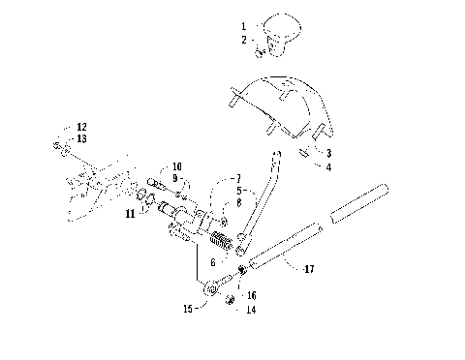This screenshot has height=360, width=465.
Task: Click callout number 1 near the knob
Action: click(243, 23)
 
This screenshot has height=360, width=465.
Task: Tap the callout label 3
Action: click(329, 154)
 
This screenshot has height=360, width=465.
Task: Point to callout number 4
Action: click(329, 168)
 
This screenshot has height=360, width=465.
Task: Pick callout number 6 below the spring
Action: click(212, 262)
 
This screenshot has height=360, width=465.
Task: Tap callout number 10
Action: click(177, 166)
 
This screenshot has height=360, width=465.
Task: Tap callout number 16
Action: click(252, 296)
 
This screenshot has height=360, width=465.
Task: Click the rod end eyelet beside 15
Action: click(211, 287)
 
